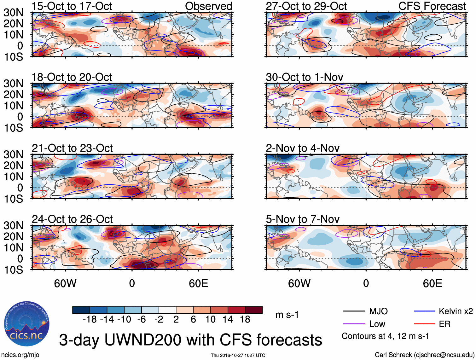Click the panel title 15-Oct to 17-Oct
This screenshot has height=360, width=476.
(72, 6)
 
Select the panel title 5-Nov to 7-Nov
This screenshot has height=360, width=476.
(303, 219)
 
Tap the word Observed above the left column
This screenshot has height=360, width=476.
(208, 6)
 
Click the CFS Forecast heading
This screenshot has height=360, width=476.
(432, 6)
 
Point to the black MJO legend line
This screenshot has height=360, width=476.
(354, 311)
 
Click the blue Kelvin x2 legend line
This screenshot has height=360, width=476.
(424, 311)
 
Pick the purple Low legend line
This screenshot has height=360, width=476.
(354, 324)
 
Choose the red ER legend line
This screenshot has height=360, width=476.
(424, 324)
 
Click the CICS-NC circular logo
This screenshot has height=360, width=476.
(26, 324)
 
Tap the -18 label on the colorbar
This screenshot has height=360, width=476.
(90, 320)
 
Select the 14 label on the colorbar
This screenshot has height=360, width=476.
(228, 320)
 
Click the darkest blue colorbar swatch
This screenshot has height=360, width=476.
(81, 310)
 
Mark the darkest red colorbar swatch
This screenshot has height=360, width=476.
(254, 310)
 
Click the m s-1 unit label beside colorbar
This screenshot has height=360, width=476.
(287, 315)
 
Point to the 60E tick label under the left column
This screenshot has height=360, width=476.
(198, 283)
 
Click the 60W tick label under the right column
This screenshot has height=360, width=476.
(299, 283)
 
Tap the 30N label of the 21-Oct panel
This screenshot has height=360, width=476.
(13, 154)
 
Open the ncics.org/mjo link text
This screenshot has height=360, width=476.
(20, 355)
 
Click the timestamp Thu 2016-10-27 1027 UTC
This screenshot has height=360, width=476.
(238, 355)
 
